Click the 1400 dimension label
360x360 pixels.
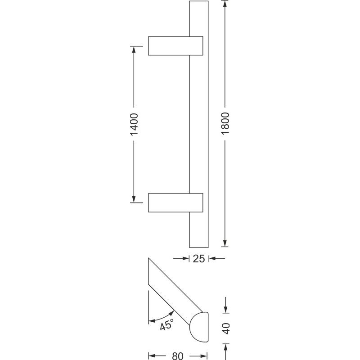(x=134, y=124)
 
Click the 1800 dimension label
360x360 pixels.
(x=225, y=123)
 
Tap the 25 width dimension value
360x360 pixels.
(x=198, y=259)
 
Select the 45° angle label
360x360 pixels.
(x=166, y=325)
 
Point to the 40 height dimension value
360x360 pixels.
(x=226, y=328)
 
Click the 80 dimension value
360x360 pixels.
(x=178, y=356)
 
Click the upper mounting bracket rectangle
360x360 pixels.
(x=175, y=46)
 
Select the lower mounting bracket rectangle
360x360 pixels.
(x=175, y=203)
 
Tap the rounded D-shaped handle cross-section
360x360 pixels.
(x=199, y=327)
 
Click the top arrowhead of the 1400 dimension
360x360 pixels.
(x=134, y=49)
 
